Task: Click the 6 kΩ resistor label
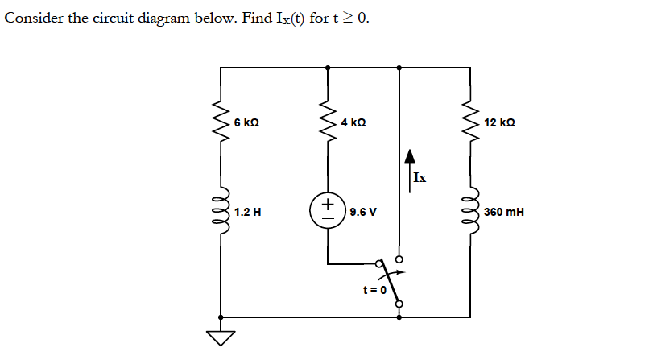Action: pos(246,123)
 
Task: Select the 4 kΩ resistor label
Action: pos(353,123)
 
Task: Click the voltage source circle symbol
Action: pos(327,213)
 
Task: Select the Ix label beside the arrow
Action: pos(420,178)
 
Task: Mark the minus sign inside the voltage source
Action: pos(327,221)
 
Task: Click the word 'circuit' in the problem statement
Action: pos(116,19)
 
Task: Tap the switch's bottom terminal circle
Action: pos(399,304)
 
